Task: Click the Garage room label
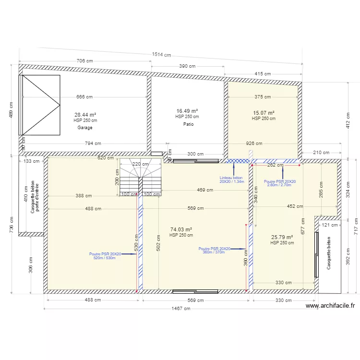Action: click(x=85, y=128)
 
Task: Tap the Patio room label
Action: click(x=188, y=124)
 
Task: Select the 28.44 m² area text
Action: click(x=85, y=115)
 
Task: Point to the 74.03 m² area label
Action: click(x=181, y=229)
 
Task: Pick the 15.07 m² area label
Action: click(x=264, y=113)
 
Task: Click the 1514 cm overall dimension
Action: click(x=161, y=55)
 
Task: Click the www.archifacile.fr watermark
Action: click(x=331, y=305)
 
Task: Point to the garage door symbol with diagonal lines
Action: click(x=40, y=105)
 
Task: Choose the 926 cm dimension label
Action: click(x=254, y=143)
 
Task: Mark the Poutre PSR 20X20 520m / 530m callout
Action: click(x=105, y=256)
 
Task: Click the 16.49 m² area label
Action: click(x=187, y=111)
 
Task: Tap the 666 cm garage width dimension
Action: click(x=84, y=97)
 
